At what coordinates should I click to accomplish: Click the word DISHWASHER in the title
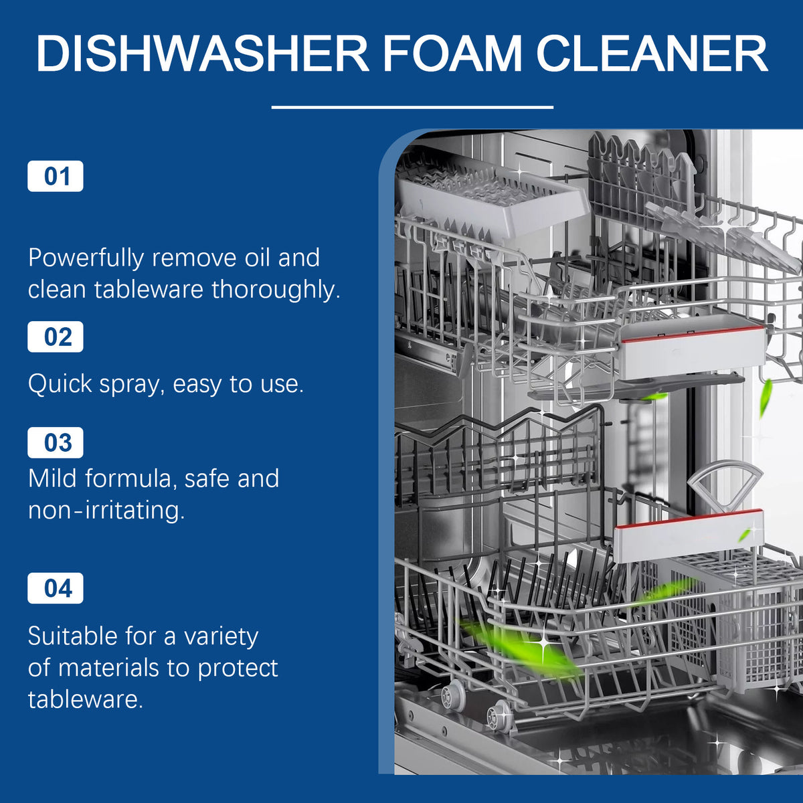coord(203,54)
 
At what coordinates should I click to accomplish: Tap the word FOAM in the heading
coord(452,54)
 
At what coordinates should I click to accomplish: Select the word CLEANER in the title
coord(652,54)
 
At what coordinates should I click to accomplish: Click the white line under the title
coord(412,108)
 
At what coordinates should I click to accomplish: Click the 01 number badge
coord(56,176)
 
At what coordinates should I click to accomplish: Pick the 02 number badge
coord(56,337)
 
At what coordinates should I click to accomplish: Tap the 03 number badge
coord(56,442)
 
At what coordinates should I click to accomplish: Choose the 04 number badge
coord(56,588)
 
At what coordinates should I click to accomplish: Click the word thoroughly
coord(276,289)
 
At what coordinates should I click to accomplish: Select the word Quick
coord(60,384)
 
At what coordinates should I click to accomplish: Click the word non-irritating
coord(106,510)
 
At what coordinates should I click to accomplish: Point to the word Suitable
coord(72,636)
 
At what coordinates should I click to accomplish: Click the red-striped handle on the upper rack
coord(692,351)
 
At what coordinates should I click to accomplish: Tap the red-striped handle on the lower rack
coord(689,536)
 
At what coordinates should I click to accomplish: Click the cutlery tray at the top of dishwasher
coord(492,200)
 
